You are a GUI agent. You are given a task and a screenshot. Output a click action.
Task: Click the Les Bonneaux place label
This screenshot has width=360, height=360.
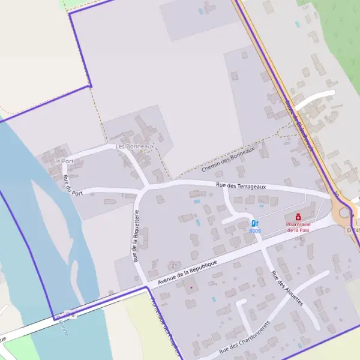pos(135,146)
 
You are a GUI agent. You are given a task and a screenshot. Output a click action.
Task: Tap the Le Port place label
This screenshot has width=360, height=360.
pos(62,161)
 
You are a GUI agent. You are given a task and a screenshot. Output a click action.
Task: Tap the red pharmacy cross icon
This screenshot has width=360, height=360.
pos(298,217)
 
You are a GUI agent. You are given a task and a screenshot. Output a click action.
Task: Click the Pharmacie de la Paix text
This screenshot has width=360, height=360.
pos(298,227)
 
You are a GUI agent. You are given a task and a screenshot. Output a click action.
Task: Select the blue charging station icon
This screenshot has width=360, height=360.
pos(255,223)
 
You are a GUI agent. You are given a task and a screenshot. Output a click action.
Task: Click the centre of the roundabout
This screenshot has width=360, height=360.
pos(344,212)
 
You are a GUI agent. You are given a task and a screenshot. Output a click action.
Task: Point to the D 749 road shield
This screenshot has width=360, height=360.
pos(353,230)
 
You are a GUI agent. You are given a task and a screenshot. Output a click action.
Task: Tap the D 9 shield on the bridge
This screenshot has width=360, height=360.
pos(70,314)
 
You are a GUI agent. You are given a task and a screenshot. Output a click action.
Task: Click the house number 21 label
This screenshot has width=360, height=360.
pos(174,265)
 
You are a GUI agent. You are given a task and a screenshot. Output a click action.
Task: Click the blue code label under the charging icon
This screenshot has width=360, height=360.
pos(255,231)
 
